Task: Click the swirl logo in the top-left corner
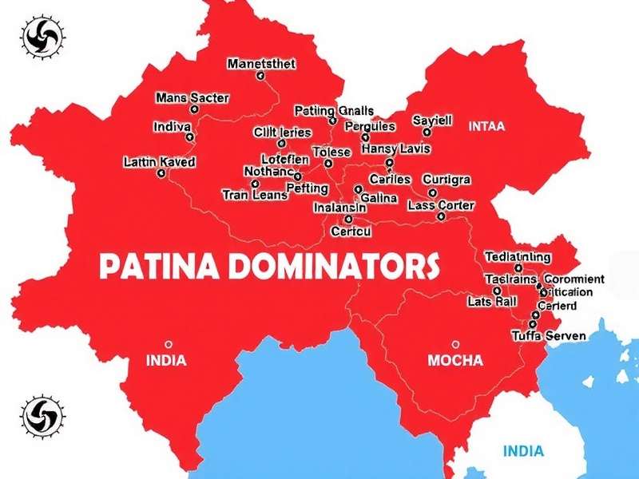coord(38,37)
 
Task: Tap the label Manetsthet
coord(261,64)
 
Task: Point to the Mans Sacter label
coord(192,98)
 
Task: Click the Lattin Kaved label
coord(160,161)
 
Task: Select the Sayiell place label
coord(432,121)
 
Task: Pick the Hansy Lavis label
coord(395,148)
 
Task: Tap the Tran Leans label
coord(255,195)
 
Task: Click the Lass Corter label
coord(441,205)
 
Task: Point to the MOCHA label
coord(455,361)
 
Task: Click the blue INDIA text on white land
coord(525,451)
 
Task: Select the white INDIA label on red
coord(166,360)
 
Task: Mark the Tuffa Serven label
coord(548,336)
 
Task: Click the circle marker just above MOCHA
coord(455,344)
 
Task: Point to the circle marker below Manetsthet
coord(260,77)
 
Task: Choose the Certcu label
coord(351,232)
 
